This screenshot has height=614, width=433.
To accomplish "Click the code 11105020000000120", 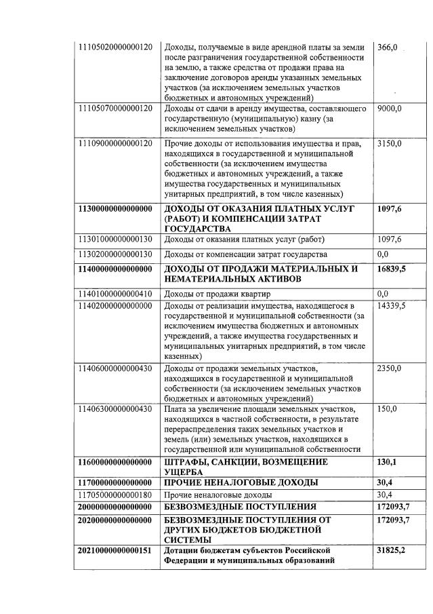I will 115,47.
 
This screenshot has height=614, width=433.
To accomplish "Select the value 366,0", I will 388,47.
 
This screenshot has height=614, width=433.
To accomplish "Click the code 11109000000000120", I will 115,144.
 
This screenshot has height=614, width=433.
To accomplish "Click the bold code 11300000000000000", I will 115,208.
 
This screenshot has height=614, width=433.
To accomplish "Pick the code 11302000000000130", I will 115,254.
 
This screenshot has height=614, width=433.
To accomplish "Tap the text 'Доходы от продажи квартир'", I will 218,294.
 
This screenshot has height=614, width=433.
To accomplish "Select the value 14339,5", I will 392,306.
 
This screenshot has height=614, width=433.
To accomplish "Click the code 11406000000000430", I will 115,368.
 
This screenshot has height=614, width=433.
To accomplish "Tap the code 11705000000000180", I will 115,495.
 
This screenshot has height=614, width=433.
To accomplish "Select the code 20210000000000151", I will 115,550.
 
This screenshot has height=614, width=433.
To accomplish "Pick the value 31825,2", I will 392,550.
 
